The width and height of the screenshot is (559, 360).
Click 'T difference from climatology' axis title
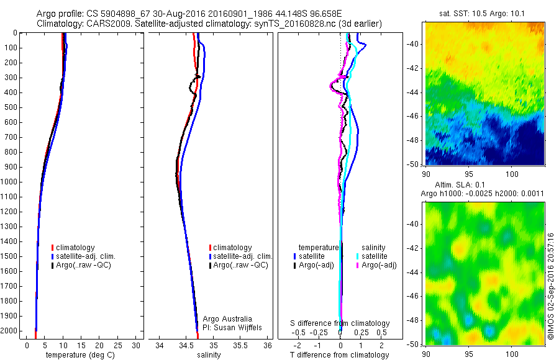[x=340, y=355]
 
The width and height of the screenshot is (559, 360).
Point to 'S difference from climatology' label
[x=340, y=323]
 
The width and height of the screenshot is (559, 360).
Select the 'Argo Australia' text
[x=227, y=318]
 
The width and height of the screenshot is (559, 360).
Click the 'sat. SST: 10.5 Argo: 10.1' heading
[x=484, y=14]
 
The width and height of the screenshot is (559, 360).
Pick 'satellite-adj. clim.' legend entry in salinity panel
[x=242, y=256]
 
